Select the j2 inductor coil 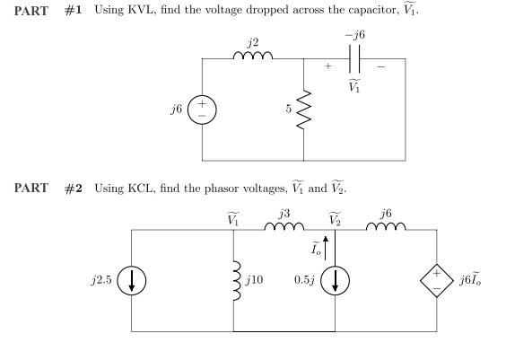click(253, 55)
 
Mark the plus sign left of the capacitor click(328, 66)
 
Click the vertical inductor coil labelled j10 click(234, 280)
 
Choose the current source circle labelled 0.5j click(335, 281)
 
